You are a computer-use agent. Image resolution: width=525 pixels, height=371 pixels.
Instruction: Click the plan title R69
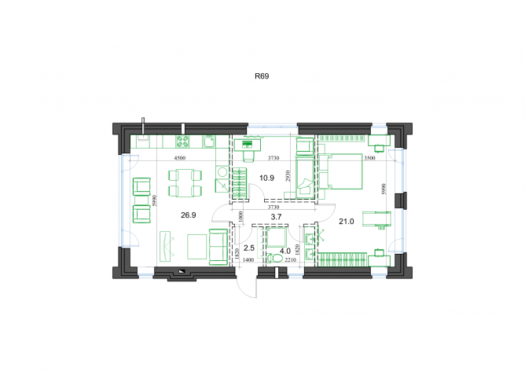click(x=262, y=76)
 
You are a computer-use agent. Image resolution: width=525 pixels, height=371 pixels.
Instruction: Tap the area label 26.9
click(x=188, y=215)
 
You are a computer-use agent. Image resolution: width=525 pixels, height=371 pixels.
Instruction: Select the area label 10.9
click(x=266, y=178)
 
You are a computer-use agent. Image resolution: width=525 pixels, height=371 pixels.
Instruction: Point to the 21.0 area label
click(x=347, y=222)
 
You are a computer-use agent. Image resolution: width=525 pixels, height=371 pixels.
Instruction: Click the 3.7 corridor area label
click(x=276, y=217)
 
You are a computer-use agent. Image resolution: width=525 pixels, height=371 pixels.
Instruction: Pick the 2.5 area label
click(x=249, y=248)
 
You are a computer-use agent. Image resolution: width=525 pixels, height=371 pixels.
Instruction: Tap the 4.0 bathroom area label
click(x=285, y=251)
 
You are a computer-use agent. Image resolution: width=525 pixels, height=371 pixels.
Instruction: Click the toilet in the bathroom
click(x=274, y=259)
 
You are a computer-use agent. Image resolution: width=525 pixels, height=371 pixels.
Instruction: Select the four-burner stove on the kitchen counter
click(x=183, y=141)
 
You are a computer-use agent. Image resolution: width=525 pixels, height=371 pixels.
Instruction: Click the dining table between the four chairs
click(x=185, y=183)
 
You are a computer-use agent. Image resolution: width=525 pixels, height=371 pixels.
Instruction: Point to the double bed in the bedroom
click(x=340, y=171)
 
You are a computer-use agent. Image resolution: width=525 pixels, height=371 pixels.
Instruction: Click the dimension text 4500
click(x=180, y=158)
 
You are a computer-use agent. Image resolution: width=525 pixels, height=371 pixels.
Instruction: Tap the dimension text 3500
click(x=369, y=158)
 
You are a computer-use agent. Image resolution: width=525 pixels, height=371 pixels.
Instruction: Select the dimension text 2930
click(x=288, y=176)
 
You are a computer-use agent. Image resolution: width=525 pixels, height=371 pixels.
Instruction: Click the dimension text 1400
click(x=248, y=260)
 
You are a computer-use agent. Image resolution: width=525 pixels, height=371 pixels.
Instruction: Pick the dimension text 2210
click(x=290, y=260)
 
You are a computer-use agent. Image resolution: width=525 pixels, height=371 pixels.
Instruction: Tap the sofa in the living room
click(x=218, y=247)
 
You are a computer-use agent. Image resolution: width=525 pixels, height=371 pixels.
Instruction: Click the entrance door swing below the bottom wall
click(x=246, y=288)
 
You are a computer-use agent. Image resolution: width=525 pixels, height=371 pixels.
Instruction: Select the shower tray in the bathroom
click(x=276, y=237)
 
